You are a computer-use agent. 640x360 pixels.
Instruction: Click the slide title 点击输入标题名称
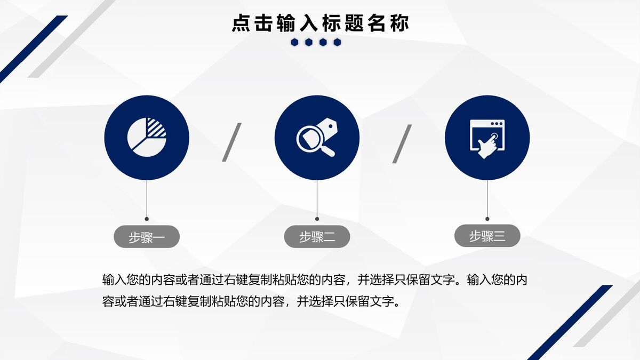[x=321, y=23]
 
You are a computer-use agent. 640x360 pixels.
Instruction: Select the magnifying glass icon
[x=317, y=138]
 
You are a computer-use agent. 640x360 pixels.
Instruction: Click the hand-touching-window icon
[x=487, y=138]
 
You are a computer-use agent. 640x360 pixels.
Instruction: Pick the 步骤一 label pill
[x=147, y=237]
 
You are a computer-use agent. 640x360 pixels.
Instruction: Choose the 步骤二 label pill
[x=317, y=237]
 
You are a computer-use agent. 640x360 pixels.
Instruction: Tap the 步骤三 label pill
[x=487, y=236]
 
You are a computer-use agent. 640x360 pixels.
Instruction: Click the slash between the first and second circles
[x=232, y=142]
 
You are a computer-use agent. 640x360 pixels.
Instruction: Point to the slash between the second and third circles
[x=402, y=143]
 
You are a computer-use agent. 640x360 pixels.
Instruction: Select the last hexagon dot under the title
[x=337, y=43]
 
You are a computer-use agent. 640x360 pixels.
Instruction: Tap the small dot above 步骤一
[x=147, y=219]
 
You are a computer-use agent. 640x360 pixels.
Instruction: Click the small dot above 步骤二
[x=317, y=219]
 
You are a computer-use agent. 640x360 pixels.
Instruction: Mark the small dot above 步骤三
[x=487, y=219]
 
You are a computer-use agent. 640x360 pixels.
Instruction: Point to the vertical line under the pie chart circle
[x=147, y=198]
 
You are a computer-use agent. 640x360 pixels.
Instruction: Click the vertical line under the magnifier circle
[x=317, y=198]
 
